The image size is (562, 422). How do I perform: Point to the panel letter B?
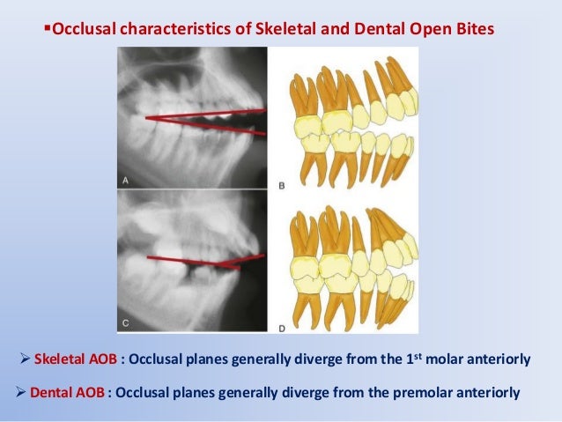[x=280, y=186]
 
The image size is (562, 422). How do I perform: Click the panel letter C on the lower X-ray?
[x=126, y=323]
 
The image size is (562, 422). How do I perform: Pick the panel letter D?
[x=280, y=329]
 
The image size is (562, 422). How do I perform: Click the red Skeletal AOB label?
[x=70, y=359]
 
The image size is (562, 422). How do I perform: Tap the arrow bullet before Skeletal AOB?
[x=24, y=359]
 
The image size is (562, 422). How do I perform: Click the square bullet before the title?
[x=48, y=30]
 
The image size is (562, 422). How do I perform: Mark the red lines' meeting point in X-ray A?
[x=147, y=116]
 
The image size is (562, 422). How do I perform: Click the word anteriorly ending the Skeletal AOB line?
[x=499, y=359]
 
